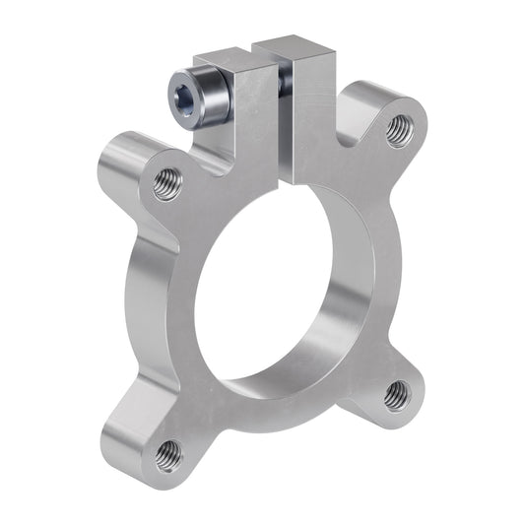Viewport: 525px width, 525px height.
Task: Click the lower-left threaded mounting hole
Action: [x=168, y=454]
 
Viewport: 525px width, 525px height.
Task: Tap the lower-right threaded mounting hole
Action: [x=396, y=394]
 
